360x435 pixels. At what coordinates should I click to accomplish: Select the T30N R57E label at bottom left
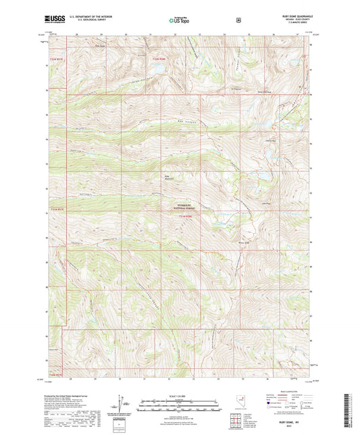tap(57, 374)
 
